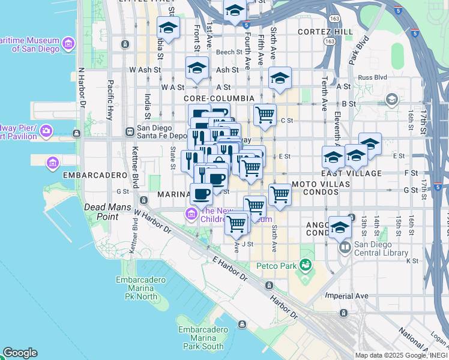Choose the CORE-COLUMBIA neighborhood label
pyautogui.click(x=219, y=98)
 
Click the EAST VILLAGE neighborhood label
pyautogui.click(x=360, y=173)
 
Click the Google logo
pyautogui.click(x=20, y=353)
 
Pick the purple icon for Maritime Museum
pyautogui.click(x=68, y=44)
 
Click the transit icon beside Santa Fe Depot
pyautogui.click(x=129, y=131)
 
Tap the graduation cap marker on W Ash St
pyautogui.click(x=196, y=68)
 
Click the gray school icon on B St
pyautogui.click(x=392, y=99)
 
